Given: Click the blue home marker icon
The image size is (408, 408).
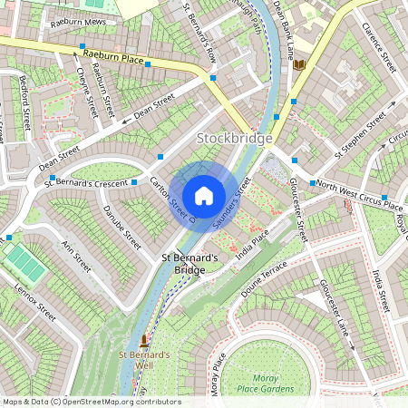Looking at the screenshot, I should pos(204,195).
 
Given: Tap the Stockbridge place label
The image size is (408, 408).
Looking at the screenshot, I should pos(235,138).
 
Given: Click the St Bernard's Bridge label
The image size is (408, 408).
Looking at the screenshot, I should pos(190,264).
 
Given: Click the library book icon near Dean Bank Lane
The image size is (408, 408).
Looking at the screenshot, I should pos(300,64).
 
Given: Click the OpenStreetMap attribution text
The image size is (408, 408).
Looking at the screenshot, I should pos(91,402).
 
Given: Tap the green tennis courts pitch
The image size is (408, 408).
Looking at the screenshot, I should pos(24,262).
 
